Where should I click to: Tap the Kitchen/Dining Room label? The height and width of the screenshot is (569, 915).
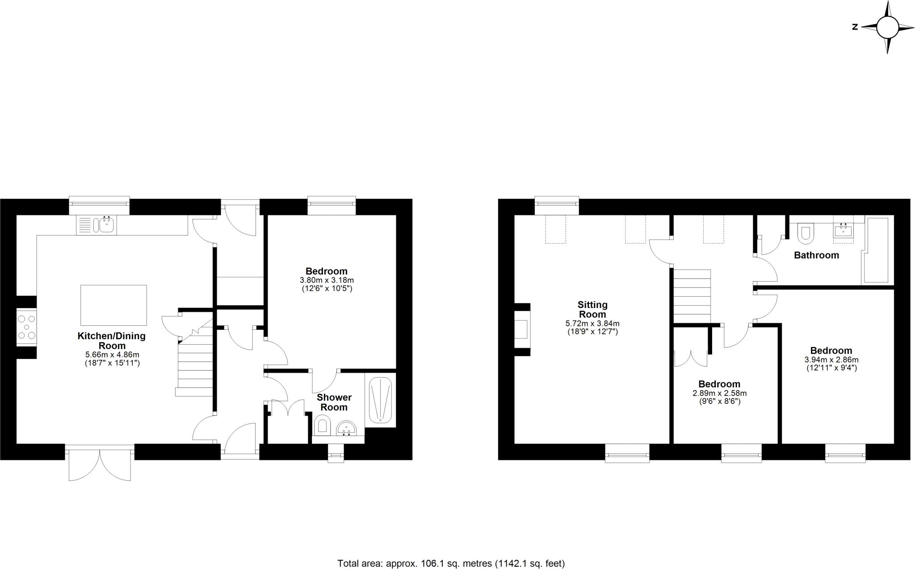pos(112,341)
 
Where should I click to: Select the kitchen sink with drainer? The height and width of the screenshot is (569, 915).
pos(97,225)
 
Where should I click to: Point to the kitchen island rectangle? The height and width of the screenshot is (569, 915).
pos(113,305)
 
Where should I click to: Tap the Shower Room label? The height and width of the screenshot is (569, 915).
pos(334,402)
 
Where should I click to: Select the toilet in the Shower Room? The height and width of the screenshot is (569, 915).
pos(322,425)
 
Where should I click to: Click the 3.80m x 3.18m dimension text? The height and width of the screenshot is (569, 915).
pos(327,280)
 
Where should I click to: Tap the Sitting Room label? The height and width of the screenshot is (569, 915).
pos(592,309)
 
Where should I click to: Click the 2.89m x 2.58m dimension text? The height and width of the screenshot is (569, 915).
pos(719,393)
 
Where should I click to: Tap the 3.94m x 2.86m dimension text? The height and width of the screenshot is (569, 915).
pos(831,359)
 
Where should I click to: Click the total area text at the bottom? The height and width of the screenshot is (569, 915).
pos(451,563)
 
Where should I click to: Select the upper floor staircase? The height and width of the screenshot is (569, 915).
pos(692,295)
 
